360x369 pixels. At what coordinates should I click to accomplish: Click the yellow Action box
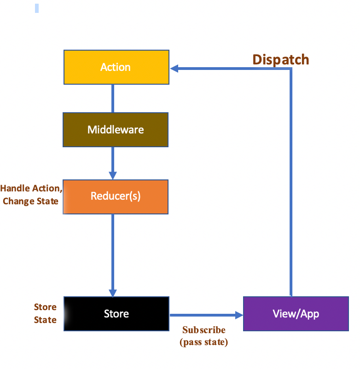pyautogui.click(x=116, y=67)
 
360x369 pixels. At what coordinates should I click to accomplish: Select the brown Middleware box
pyautogui.click(x=116, y=130)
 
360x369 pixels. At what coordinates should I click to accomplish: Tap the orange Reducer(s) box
pyautogui.click(x=116, y=196)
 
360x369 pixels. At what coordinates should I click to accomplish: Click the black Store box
pyautogui.click(x=116, y=314)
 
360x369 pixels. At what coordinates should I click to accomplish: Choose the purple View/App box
pyautogui.click(x=296, y=314)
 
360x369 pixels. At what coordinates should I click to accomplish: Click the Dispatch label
pyautogui.click(x=280, y=60)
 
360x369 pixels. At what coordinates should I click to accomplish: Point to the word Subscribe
pyautogui.click(x=204, y=330)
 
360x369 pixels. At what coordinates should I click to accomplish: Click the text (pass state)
pyautogui.click(x=204, y=342)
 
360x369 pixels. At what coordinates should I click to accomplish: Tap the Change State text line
pyautogui.click(x=30, y=201)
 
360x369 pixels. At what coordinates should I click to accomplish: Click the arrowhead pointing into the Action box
pyautogui.click(x=174, y=69)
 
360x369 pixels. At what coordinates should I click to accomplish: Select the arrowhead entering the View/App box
pyautogui.click(x=238, y=315)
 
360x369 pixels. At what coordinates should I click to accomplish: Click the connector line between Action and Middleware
pyautogui.click(x=113, y=98)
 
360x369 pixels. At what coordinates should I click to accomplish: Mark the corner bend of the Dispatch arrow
pyautogui.click(x=291, y=69)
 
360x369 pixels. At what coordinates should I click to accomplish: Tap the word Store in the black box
pyautogui.click(x=116, y=314)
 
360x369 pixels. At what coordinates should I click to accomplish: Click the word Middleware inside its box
pyautogui.click(x=116, y=130)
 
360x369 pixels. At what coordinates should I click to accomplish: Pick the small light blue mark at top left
pyautogui.click(x=37, y=8)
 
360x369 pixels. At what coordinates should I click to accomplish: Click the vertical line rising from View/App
pyautogui.click(x=291, y=184)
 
